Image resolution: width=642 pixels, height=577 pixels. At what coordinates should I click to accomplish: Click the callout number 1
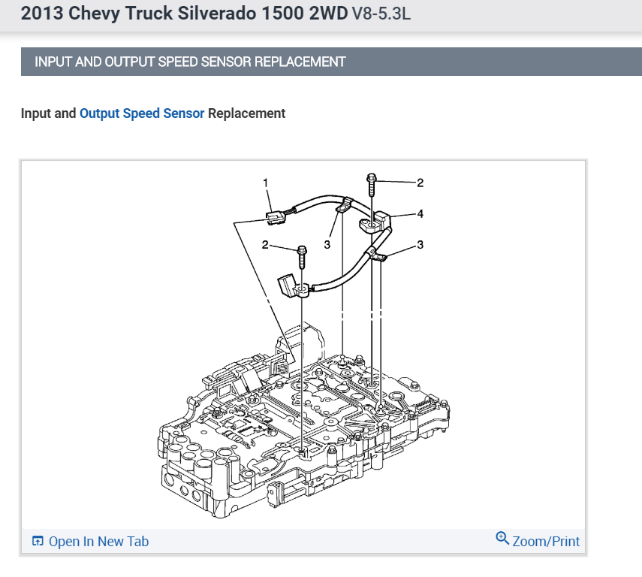coord(265,183)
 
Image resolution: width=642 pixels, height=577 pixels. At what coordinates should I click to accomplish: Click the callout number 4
coord(420,214)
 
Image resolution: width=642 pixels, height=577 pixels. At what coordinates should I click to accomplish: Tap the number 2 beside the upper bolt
coord(420,183)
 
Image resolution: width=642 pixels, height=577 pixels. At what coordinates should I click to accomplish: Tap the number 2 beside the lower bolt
coord(265,245)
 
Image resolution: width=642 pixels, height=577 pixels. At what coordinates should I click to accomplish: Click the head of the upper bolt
coord(372,178)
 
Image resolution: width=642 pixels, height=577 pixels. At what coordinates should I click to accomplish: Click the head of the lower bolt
coord(302,249)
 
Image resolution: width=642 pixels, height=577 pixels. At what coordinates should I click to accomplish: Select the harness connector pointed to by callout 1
coord(275,218)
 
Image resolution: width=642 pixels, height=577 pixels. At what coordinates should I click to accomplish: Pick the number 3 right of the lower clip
coord(420,245)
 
